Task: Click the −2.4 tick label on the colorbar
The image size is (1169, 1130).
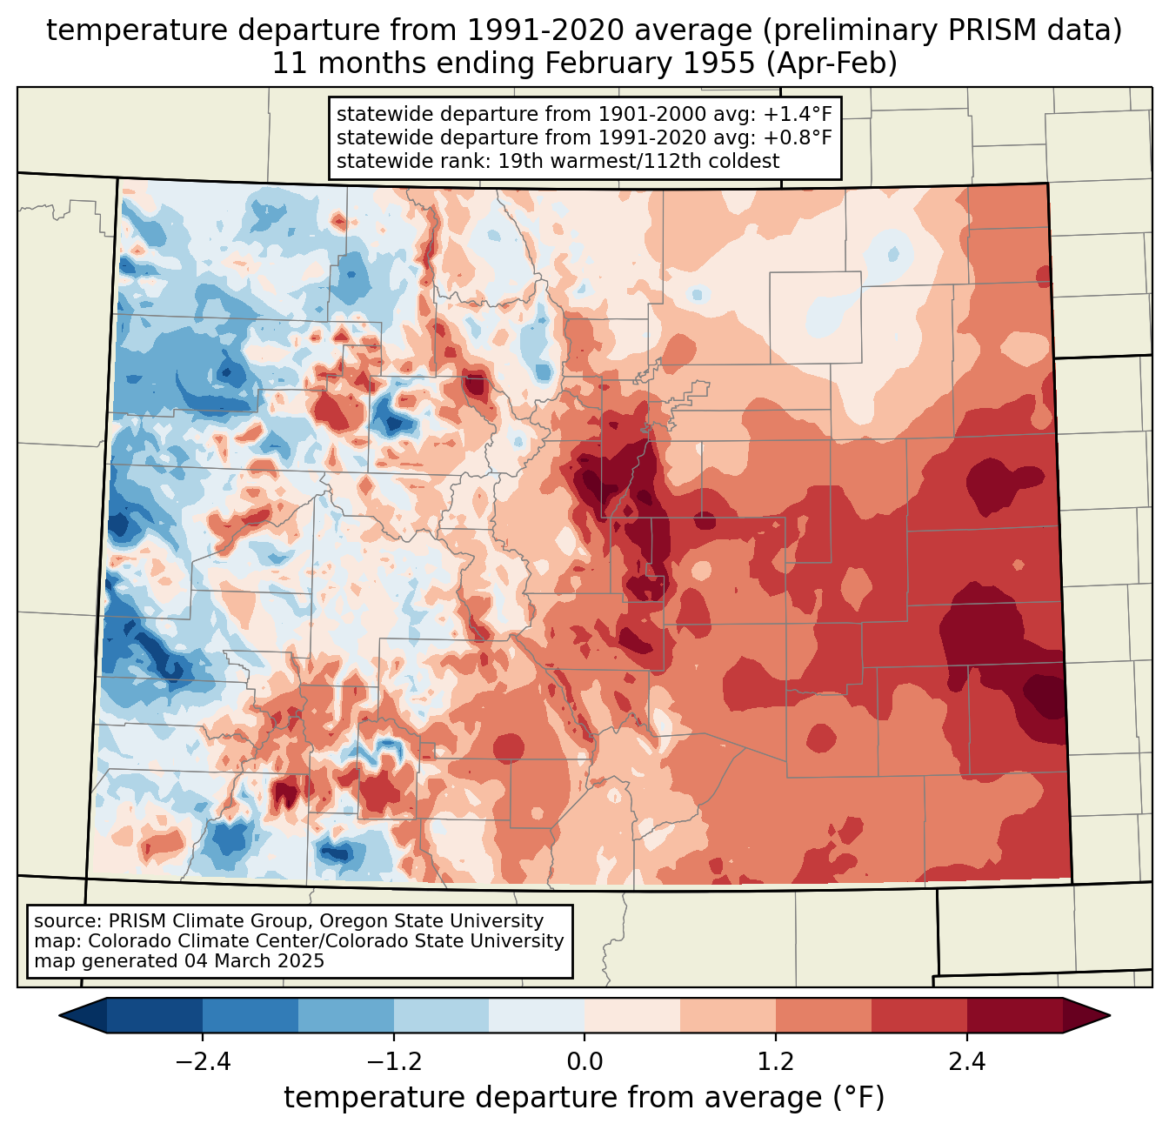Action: [203, 1061]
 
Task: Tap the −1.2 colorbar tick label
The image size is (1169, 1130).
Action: [394, 1061]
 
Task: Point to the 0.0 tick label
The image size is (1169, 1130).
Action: [584, 1061]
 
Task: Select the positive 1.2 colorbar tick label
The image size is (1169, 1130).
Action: [776, 1061]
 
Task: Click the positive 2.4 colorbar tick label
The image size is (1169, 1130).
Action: [967, 1061]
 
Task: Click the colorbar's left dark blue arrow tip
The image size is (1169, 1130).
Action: [59, 1016]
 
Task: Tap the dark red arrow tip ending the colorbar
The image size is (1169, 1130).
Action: [1110, 1016]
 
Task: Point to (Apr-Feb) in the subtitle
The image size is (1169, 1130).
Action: [832, 64]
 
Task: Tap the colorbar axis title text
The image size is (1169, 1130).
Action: [584, 1097]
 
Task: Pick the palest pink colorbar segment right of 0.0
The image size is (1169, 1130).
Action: [632, 1016]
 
